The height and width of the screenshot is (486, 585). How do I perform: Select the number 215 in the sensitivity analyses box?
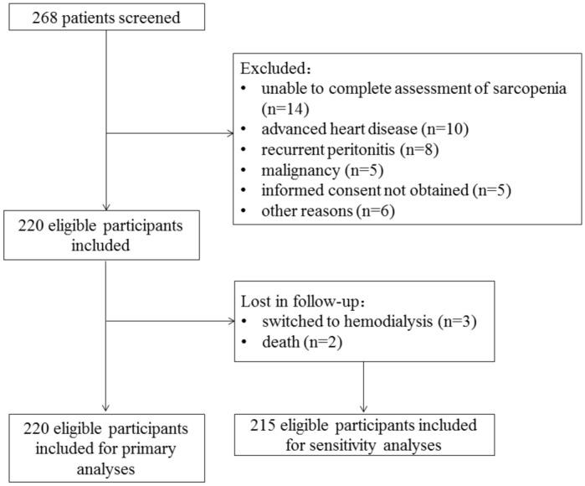tap(267, 424)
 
